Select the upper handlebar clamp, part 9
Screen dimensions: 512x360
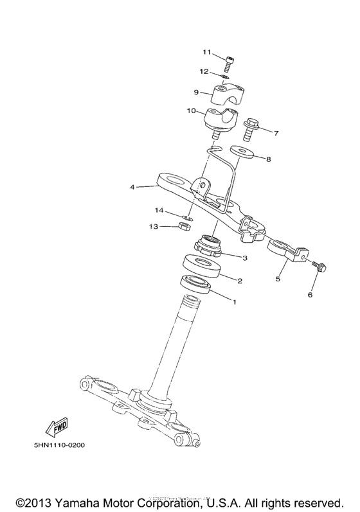coord(224,95)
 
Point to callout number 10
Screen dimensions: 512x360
coord(192,111)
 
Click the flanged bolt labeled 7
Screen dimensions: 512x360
coord(251,131)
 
